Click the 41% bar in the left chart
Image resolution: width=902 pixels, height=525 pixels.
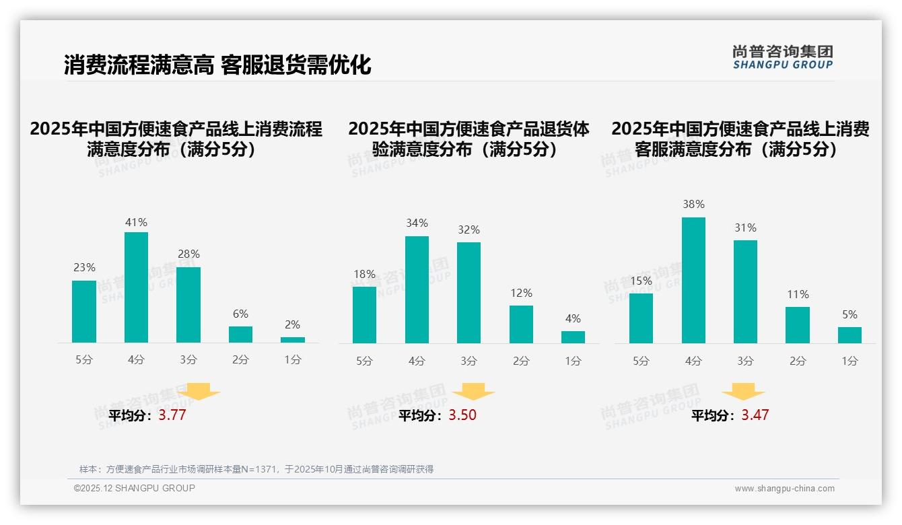137,287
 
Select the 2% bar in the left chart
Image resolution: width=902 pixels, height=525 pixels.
293,340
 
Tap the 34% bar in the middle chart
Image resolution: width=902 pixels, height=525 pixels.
417,289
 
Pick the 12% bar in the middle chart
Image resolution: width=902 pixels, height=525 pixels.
521,324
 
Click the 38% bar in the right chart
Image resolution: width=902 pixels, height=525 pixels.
693,280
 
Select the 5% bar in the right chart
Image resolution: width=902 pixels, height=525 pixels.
849,335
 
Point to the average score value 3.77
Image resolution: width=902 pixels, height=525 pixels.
172,415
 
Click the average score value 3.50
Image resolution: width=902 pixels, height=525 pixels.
462,415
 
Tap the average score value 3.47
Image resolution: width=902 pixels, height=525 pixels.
755,415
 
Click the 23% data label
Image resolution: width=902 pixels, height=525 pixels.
84,267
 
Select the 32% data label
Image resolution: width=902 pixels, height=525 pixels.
469,230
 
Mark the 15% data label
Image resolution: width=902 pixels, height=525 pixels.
641,281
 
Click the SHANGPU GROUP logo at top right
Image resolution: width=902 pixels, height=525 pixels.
782,57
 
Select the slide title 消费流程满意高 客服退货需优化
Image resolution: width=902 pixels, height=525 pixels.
217,65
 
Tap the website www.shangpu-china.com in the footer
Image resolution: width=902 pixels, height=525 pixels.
784,489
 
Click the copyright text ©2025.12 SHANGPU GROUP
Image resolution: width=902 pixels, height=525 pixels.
135,488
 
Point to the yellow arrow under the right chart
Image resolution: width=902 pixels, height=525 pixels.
743,392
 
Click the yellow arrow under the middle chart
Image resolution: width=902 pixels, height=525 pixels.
473,392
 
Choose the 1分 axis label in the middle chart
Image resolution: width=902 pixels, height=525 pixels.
573,361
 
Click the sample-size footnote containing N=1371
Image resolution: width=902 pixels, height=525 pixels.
256,469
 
